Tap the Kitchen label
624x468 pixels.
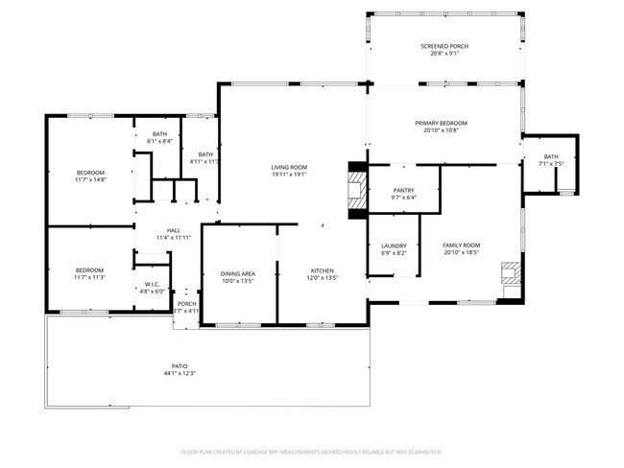[322, 273]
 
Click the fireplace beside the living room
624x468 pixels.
[357, 189]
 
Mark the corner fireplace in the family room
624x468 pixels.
[510, 274]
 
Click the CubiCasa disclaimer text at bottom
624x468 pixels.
[311, 451]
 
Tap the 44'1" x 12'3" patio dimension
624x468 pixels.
[180, 374]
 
